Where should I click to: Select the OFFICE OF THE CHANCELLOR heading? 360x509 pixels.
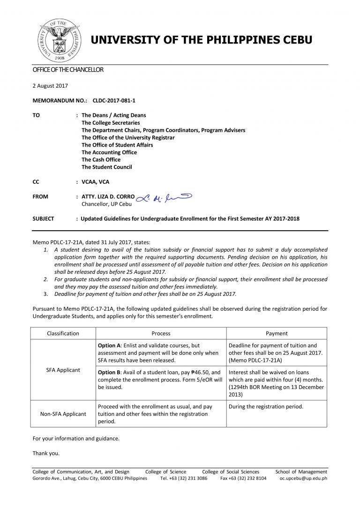[67, 70]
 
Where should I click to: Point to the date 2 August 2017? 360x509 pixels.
[50, 85]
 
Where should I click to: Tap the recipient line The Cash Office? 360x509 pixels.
[101, 159]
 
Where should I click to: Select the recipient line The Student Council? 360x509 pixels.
[106, 167]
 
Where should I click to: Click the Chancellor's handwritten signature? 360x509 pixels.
[164, 199]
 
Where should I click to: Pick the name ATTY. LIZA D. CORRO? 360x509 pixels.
[108, 197]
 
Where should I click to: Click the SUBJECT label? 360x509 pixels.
[43, 218]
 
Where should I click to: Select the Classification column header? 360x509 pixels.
[63, 333]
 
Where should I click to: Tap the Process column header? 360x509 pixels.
[161, 333]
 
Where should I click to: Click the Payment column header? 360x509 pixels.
[276, 333]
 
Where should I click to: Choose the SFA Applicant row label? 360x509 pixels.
[63, 370]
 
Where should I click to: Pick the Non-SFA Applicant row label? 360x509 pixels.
[63, 414]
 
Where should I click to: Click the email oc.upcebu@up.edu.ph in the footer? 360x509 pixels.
[303, 479]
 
